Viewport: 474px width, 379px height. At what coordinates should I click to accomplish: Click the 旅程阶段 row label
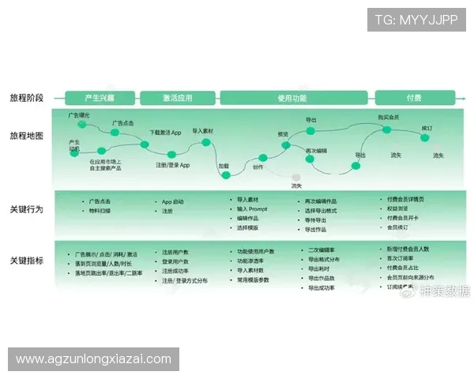click(x=27, y=98)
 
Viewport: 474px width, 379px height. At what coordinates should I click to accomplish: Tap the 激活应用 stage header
click(x=178, y=98)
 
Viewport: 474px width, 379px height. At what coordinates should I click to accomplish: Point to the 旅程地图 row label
click(x=27, y=136)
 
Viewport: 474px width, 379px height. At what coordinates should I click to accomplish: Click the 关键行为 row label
click(x=27, y=209)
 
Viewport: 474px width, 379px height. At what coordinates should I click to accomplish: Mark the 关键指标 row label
click(x=27, y=260)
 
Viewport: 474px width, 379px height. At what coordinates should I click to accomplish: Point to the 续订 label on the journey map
click(x=427, y=127)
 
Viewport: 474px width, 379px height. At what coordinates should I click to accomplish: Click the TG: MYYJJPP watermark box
click(x=416, y=19)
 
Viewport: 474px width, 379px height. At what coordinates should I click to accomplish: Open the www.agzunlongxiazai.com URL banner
click(x=94, y=359)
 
